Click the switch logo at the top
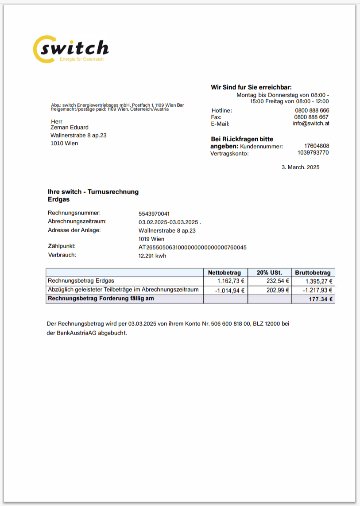click(71, 49)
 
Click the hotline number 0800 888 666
click(312, 110)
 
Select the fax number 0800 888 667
click(312, 117)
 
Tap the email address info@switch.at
click(311, 124)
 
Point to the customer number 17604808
click(317, 146)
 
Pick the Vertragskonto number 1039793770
click(313, 153)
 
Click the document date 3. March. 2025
click(300, 167)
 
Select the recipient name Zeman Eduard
click(70, 128)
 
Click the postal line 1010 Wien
click(64, 144)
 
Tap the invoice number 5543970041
click(154, 214)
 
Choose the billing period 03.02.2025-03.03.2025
click(169, 222)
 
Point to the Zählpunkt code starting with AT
click(193, 247)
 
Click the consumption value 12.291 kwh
click(152, 256)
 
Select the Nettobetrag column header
click(225, 272)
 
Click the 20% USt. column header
click(269, 272)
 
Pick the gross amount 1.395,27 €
click(319, 281)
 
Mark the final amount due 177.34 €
click(321, 300)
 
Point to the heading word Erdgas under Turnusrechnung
click(58, 199)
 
